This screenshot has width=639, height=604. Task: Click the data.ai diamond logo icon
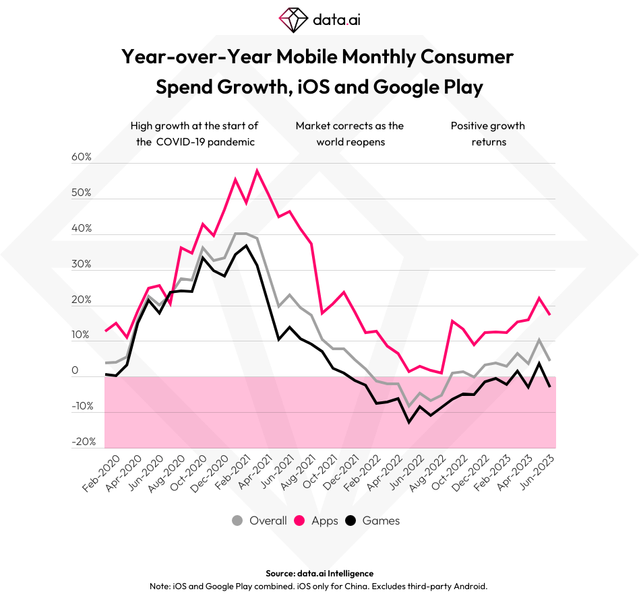pos(293,20)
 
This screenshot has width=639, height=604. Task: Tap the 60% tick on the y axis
pos(81,157)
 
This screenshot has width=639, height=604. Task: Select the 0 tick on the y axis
pos(75,371)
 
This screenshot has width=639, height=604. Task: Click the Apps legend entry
pos(324,521)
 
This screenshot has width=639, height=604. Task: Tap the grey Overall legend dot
pos(237,521)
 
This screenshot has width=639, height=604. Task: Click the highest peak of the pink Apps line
pos(257,170)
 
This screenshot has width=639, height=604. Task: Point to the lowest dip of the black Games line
pos(408,422)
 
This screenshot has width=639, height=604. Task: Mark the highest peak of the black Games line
pos(246,245)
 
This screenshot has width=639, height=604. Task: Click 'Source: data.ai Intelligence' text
pos(319,573)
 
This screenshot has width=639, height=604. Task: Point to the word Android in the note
pos(469,586)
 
